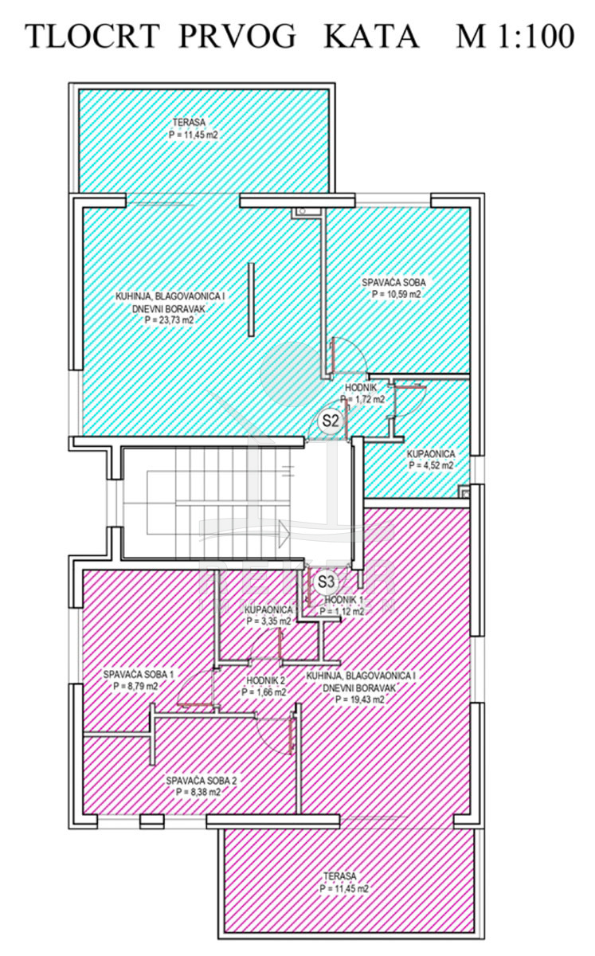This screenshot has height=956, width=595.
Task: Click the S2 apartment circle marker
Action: click(x=331, y=421)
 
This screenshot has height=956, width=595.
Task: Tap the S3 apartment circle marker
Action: click(x=326, y=582)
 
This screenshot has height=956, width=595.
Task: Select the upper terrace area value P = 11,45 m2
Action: click(x=193, y=135)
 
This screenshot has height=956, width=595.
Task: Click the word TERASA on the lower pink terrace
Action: click(x=340, y=876)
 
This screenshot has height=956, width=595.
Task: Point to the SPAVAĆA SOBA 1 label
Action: click(x=139, y=674)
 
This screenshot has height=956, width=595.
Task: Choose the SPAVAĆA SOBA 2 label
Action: click(x=201, y=781)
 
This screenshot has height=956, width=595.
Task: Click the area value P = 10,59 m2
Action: click(x=397, y=294)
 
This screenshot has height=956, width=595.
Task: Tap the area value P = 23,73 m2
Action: click(x=170, y=319)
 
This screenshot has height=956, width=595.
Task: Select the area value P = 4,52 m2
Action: click(x=431, y=465)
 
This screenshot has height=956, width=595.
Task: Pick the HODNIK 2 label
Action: click(x=265, y=680)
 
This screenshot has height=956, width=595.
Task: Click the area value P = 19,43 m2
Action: click(x=360, y=699)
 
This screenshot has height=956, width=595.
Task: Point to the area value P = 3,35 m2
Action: click(x=268, y=621)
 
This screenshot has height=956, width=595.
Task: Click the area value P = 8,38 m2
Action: click(x=198, y=792)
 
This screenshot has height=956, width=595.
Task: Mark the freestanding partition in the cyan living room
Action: click(x=252, y=300)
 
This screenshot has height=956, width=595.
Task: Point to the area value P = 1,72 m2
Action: click(x=362, y=399)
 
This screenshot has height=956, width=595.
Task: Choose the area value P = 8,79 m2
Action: click(x=135, y=686)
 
